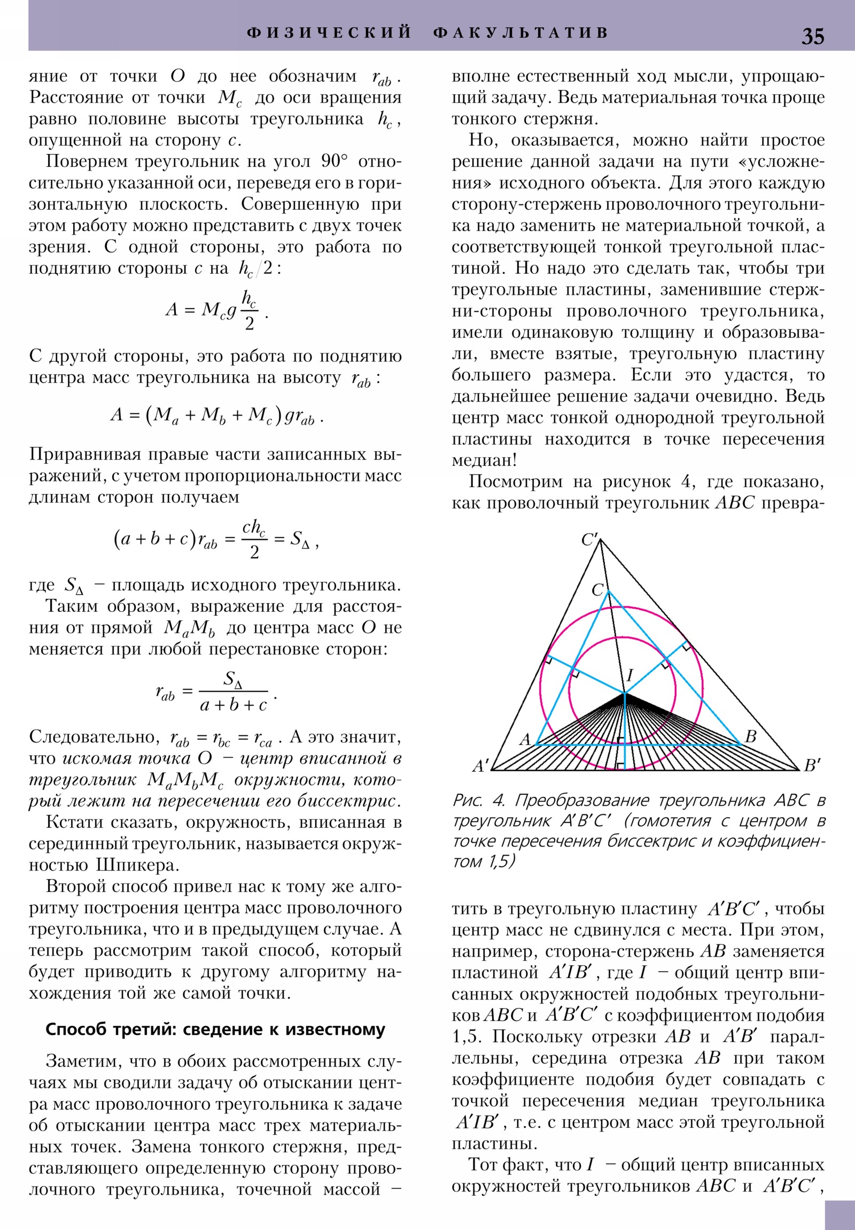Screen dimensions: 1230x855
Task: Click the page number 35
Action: click(812, 36)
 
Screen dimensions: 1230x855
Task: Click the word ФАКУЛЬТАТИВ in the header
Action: click(520, 33)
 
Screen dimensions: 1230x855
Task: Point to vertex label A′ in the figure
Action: click(481, 765)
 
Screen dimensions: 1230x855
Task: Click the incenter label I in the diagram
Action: click(630, 675)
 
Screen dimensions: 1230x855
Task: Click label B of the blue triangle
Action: click(751, 736)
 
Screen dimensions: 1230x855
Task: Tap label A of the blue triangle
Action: click(525, 740)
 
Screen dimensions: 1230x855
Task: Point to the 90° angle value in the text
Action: click(334, 162)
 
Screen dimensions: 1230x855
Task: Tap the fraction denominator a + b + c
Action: click(234, 705)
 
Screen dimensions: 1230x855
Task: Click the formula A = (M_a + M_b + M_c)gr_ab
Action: click(216, 416)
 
